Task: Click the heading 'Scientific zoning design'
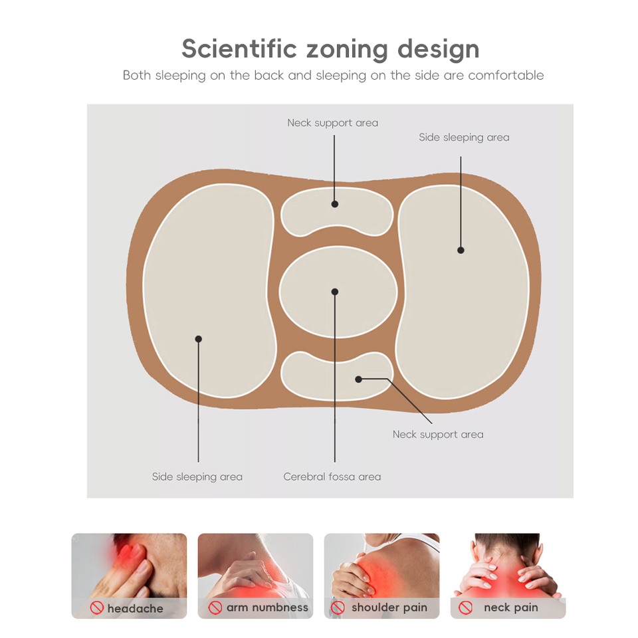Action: coord(330,49)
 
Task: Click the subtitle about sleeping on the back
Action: coord(333,75)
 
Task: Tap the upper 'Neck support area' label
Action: coord(332,123)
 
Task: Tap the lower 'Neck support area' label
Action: coord(438,435)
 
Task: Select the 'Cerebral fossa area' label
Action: coord(332,477)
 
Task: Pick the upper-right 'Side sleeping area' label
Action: coord(464,138)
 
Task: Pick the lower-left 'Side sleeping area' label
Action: coord(197,477)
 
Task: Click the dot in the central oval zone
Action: coord(335,292)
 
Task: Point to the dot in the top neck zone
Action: coord(335,204)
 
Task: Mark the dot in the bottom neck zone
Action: coord(359,379)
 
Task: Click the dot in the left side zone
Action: coord(198,339)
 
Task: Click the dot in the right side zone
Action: coord(461,250)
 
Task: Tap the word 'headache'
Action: coord(135,608)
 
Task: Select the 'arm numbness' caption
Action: coord(267,607)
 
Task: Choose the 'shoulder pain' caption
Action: coord(389,607)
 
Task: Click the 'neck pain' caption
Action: coord(510,607)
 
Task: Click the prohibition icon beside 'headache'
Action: coord(97,607)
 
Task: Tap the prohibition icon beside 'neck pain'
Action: coord(465,607)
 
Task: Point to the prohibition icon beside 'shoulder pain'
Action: coord(338,607)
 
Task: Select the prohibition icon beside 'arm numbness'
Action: coord(215,607)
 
